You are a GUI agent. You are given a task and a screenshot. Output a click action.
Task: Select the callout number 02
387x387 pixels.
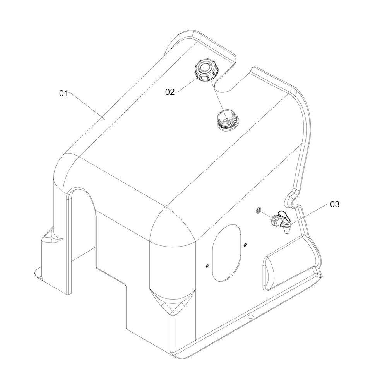[x=170, y=92]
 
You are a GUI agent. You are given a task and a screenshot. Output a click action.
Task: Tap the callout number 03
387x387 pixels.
[x=335, y=204]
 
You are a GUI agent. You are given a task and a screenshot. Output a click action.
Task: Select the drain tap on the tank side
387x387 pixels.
[x=281, y=220]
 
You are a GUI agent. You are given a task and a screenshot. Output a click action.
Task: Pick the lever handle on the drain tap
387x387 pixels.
[x=283, y=215]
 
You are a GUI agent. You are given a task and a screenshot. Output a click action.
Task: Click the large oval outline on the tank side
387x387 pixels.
[x=226, y=253]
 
